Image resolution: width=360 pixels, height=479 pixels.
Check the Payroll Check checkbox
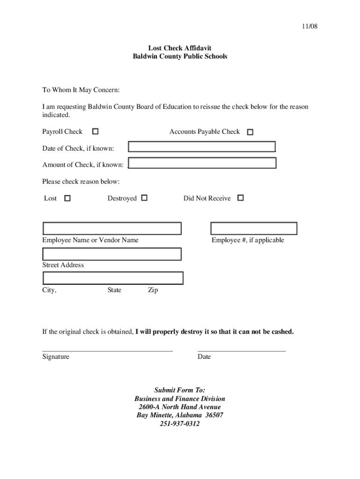coord(95,132)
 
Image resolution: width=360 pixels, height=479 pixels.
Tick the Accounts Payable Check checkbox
coord(250,132)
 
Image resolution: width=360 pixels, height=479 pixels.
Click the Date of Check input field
coord(202,147)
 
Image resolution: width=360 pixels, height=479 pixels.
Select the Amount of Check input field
coord(202,163)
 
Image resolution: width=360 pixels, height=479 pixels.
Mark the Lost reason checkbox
coord(67,198)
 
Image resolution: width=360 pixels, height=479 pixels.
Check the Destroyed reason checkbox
coord(144,198)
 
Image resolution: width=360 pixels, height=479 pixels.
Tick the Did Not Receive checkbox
coord(240,198)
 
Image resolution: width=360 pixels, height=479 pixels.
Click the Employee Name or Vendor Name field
coord(112,228)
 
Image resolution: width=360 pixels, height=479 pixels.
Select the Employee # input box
coord(253,228)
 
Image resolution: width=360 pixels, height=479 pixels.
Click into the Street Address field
coord(112,254)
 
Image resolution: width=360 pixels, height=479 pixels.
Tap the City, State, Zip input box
coord(113,278)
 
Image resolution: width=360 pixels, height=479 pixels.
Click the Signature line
coord(108,350)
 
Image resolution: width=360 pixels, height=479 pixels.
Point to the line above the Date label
coord(241,350)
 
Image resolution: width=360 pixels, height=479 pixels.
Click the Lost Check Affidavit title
coord(180,48)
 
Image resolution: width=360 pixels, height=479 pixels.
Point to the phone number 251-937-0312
coord(180,424)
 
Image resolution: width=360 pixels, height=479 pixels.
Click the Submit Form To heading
coord(180,390)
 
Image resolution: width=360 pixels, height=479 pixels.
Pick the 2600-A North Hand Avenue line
coord(180,407)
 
